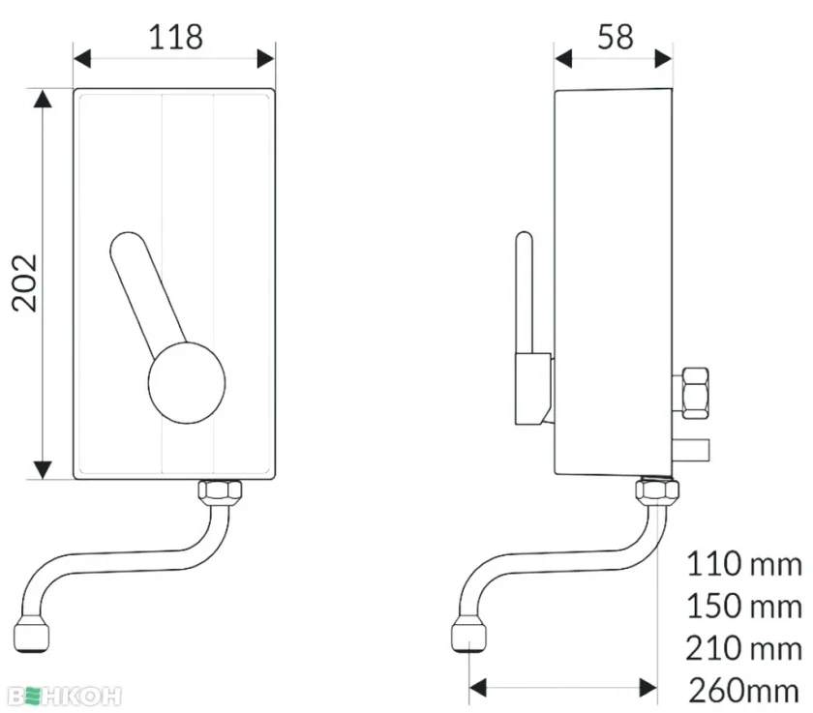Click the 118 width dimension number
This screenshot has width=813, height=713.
tap(175, 38)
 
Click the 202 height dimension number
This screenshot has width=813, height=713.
tap(25, 282)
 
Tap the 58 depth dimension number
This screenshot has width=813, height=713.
tap(615, 38)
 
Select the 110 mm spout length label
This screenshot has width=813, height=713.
tap(743, 564)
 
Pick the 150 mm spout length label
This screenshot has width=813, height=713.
tap(743, 606)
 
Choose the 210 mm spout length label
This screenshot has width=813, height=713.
tap(743, 648)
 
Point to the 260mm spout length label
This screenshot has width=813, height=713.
tap(743, 691)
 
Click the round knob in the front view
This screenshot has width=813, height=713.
tap(187, 383)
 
